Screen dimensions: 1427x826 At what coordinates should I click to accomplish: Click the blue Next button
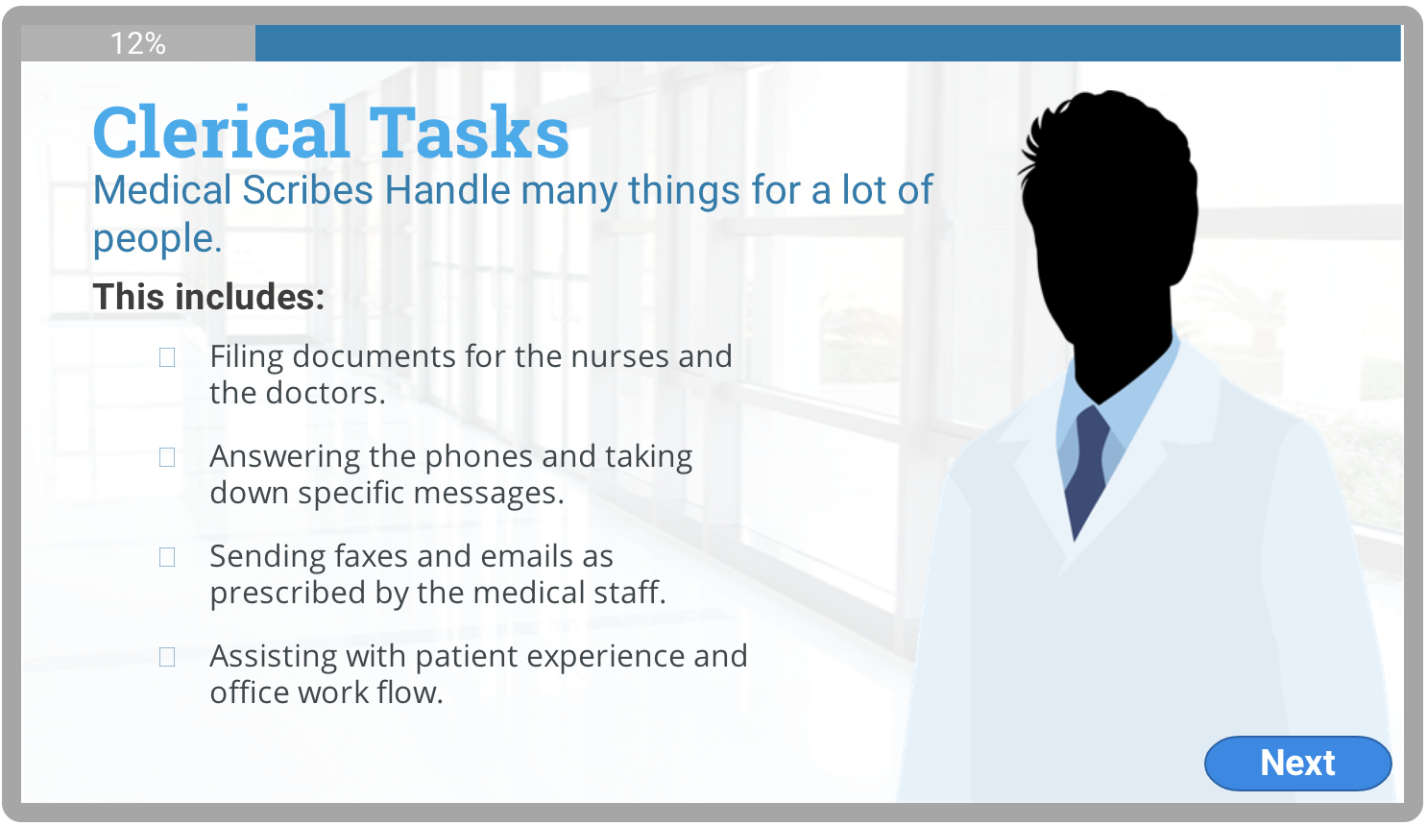coord(1297,763)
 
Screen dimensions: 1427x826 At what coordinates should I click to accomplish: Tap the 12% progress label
coord(138,43)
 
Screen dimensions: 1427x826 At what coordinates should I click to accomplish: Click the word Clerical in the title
coord(221,132)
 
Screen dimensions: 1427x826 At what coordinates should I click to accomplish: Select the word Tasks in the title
coord(470,132)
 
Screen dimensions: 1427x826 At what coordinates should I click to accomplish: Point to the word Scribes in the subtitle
coord(307,190)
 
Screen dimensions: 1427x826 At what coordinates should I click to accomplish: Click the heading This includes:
coord(209,297)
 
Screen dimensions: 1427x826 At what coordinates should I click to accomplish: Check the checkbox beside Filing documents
coord(167,357)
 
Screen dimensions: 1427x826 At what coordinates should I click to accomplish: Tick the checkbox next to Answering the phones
coord(167,457)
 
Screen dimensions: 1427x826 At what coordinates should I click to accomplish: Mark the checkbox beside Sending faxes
coord(167,557)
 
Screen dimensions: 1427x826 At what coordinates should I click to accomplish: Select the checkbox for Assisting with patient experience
coord(167,656)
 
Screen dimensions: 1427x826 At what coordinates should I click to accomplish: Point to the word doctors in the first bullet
coord(326,393)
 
